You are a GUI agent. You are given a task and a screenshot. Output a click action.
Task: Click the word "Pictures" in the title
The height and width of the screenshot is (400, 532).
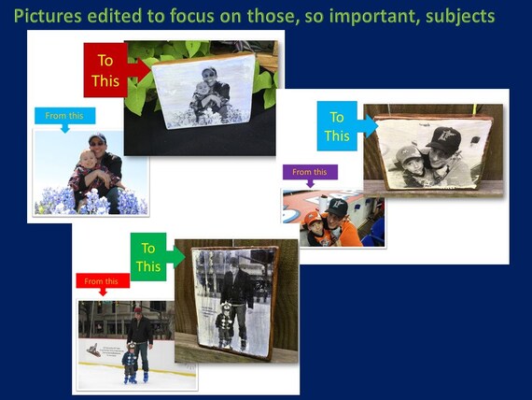[48, 16]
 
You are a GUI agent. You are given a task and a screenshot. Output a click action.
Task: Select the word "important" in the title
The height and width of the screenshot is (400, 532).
[372, 16]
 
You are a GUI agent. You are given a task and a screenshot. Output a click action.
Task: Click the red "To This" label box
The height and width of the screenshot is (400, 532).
[105, 70]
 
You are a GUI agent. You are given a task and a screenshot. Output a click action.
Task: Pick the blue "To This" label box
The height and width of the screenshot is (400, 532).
[337, 126]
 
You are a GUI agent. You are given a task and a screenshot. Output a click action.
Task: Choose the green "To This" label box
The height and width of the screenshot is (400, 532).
[148, 257]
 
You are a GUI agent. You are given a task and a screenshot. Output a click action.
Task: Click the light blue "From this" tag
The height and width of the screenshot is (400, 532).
[64, 116]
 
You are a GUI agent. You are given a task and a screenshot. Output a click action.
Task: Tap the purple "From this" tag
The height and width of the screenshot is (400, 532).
[310, 172]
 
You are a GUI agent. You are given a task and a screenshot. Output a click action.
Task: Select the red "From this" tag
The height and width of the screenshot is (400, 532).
[103, 280]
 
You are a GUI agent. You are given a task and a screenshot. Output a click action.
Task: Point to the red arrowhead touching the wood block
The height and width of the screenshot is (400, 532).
[144, 70]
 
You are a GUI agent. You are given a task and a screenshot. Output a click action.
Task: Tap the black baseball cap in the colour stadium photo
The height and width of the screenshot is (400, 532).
[336, 207]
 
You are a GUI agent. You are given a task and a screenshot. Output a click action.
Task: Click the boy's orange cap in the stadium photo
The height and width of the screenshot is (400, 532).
[313, 218]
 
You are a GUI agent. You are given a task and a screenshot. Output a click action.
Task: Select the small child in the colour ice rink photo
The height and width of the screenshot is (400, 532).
[129, 363]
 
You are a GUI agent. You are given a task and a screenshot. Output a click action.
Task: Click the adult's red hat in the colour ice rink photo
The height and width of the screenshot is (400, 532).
[138, 310]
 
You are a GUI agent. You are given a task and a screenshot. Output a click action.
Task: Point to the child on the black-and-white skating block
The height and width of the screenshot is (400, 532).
[224, 324]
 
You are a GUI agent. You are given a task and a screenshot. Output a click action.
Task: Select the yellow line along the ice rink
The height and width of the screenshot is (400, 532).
[137, 369]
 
